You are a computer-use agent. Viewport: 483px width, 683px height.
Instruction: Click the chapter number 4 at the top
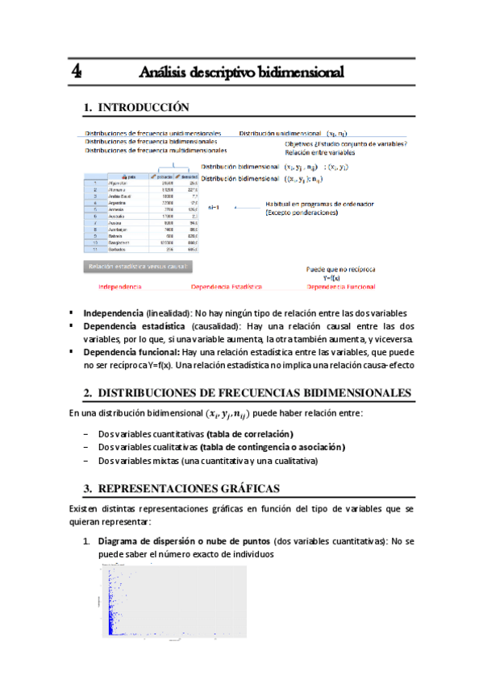(x=76, y=72)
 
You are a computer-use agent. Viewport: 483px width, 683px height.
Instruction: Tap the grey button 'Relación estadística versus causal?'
(x=137, y=266)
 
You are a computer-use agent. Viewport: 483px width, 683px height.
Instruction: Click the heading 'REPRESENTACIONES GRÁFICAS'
(x=188, y=488)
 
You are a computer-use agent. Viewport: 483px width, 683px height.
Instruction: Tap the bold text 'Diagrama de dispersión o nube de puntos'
(x=184, y=541)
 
